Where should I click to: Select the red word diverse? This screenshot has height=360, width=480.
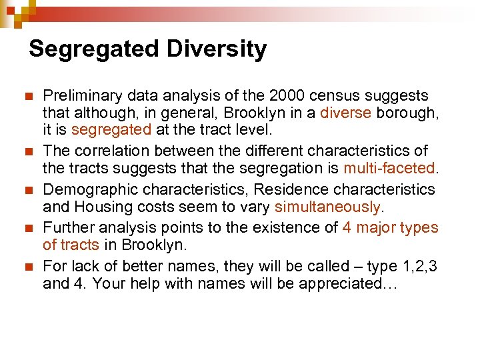(x=345, y=113)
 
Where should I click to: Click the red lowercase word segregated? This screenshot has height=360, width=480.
(x=111, y=130)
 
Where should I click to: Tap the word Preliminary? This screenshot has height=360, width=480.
(x=81, y=95)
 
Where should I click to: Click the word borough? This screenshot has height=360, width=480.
(x=407, y=113)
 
